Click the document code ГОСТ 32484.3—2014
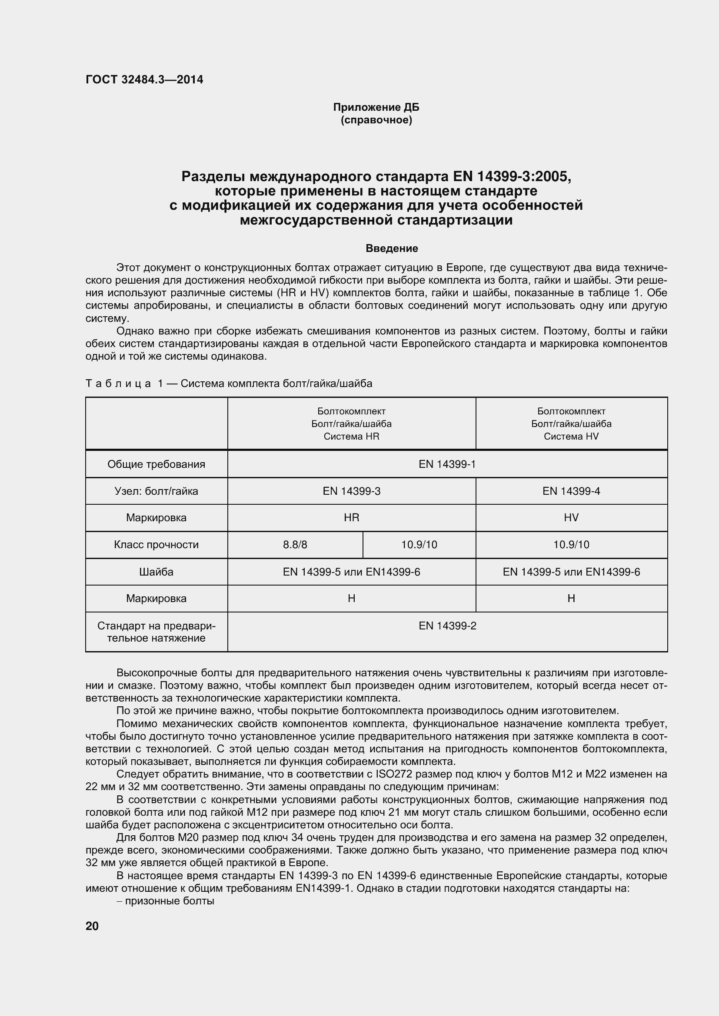pyautogui.click(x=144, y=79)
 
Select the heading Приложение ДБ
pyautogui.click(x=376, y=108)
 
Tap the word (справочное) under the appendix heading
pyautogui.click(x=376, y=120)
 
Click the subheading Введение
pyautogui.click(x=391, y=249)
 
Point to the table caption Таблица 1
pyautogui.click(x=229, y=384)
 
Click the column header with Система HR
pyautogui.click(x=351, y=424)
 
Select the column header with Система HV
pyautogui.click(x=571, y=424)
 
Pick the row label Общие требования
pyautogui.click(x=156, y=464)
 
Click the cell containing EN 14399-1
pyautogui.click(x=447, y=464)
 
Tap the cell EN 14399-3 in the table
pyautogui.click(x=351, y=491)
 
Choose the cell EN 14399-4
pyautogui.click(x=571, y=491)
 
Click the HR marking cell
pyautogui.click(x=351, y=518)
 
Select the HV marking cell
pyautogui.click(x=571, y=518)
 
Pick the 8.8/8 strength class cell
pyautogui.click(x=295, y=545)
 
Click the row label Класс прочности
pyautogui.click(x=156, y=545)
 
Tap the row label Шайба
pyautogui.click(x=156, y=572)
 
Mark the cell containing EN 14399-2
pyautogui.click(x=447, y=625)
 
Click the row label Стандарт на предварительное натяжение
pyautogui.click(x=156, y=632)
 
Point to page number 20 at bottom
pyautogui.click(x=92, y=926)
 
